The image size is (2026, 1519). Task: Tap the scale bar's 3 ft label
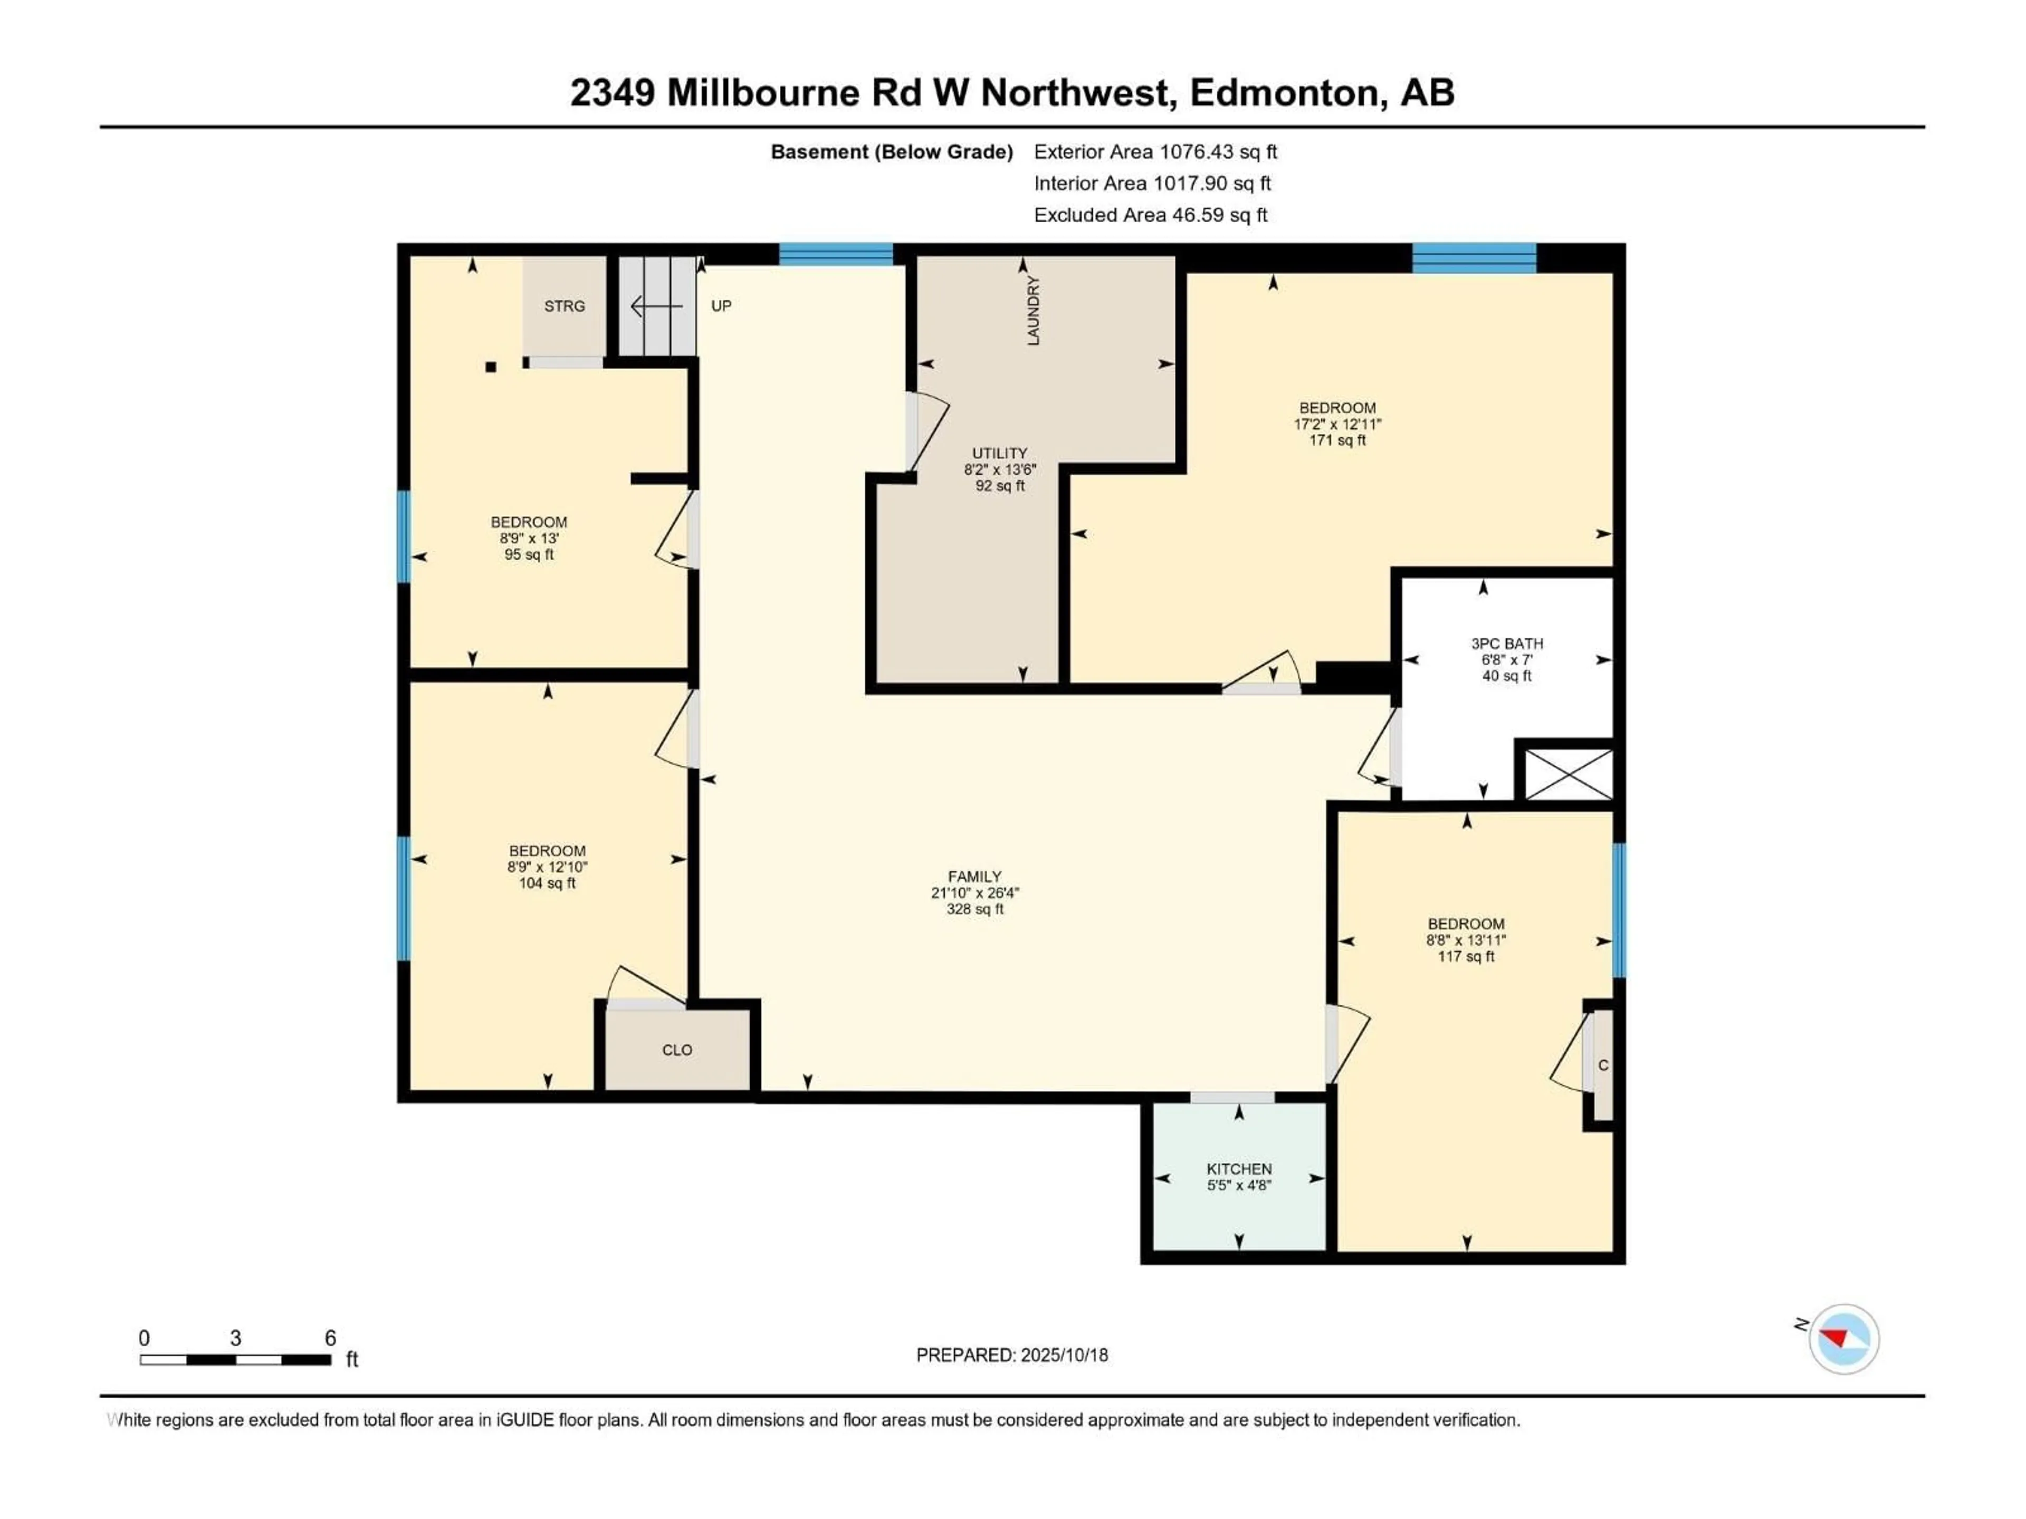point(235,1338)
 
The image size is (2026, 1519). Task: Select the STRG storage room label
point(564,306)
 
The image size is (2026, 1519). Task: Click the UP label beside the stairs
point(721,306)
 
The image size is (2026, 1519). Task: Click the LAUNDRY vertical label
point(1033,310)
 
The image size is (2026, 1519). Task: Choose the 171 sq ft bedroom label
point(1337,424)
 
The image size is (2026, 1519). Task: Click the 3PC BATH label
point(1507,659)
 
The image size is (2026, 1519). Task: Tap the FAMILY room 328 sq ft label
point(974,893)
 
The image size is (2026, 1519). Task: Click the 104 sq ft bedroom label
point(547,867)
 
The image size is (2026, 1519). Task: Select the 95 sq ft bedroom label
point(529,539)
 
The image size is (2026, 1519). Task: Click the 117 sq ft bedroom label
point(1466,940)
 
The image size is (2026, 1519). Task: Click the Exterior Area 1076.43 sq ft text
point(1155,152)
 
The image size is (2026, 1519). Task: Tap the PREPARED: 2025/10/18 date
point(1012,1355)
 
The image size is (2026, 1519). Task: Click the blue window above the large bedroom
point(1474,258)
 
